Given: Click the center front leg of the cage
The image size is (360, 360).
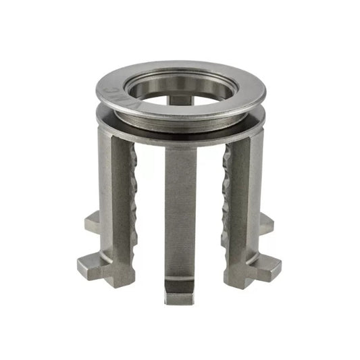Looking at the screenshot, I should point(180,216).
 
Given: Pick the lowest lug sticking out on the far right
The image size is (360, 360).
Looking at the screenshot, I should point(270,269).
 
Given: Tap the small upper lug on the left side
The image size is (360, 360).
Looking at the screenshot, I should point(93,221).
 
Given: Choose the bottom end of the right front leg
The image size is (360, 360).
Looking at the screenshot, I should point(239,284).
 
